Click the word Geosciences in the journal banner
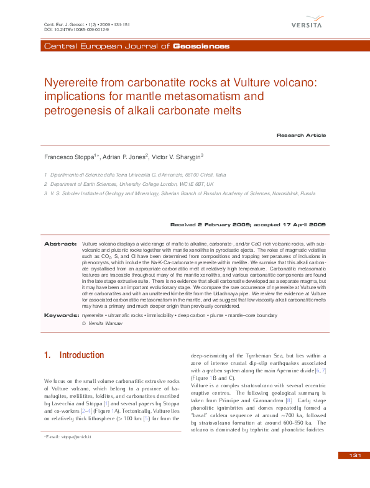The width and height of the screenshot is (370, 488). (x=201, y=47)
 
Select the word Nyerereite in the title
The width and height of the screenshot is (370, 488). (x=71, y=82)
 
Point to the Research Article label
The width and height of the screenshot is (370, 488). (x=301, y=135)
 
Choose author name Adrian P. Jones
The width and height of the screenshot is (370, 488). (x=124, y=157)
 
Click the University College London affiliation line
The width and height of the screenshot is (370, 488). (x=132, y=185)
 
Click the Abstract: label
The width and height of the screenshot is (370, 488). (x=60, y=244)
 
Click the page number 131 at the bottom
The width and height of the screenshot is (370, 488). (x=355, y=474)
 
